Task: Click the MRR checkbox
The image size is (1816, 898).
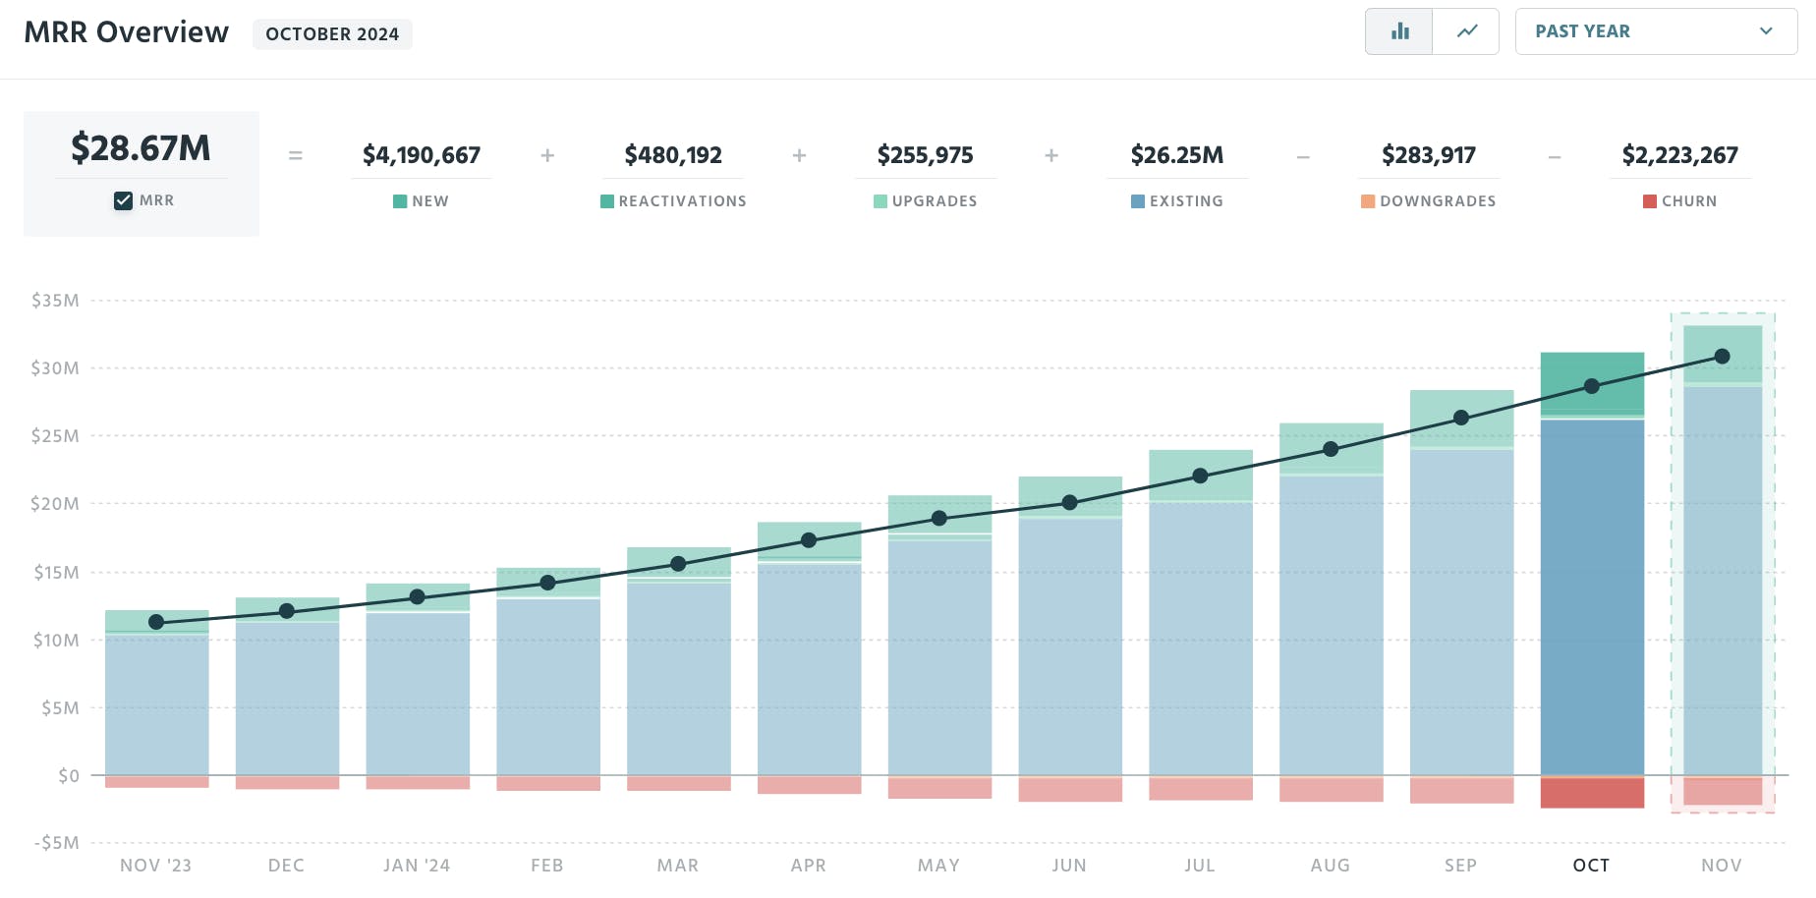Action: point(123,200)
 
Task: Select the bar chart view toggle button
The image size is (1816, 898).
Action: point(1399,31)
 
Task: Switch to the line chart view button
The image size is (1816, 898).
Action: point(1466,31)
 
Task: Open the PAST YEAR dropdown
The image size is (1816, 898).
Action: point(1655,31)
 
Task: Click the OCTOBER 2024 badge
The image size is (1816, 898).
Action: point(332,34)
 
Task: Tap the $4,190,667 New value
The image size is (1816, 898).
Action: point(422,155)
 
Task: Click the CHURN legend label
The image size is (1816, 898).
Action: point(1688,201)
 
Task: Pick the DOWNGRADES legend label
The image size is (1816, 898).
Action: point(1437,201)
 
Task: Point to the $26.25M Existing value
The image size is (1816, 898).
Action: point(1177,155)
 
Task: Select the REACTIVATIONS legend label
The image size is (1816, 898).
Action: point(682,201)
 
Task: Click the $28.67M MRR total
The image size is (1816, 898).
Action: point(141,148)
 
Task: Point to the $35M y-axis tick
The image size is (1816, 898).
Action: point(55,301)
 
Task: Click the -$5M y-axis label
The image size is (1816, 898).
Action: point(56,843)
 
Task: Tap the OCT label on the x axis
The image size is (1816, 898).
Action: point(1591,866)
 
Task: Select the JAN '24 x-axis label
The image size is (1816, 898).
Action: point(417,866)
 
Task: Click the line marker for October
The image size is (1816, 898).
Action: point(1592,386)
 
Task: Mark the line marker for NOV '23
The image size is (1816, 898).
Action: point(156,622)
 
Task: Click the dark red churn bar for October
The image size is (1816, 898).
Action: point(1592,793)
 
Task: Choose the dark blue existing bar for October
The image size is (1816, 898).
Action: point(1592,599)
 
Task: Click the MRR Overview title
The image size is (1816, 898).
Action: point(126,32)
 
